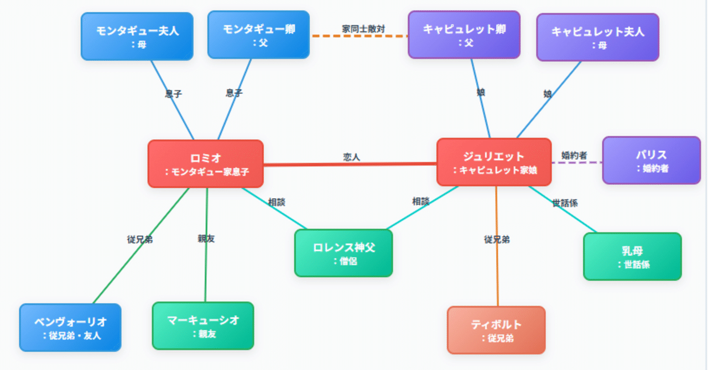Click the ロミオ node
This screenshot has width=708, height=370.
[206, 163]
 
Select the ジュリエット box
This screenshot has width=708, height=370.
[494, 162]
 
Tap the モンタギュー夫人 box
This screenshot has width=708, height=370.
[137, 36]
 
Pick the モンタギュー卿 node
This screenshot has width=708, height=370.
[258, 34]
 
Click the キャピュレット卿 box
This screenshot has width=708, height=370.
[464, 34]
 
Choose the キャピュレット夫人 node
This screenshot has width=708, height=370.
[597, 37]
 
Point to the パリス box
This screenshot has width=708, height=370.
[651, 160]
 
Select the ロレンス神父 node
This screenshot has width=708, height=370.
[343, 253]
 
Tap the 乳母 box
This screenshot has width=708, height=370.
[632, 256]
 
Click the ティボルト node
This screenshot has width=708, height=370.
[496, 330]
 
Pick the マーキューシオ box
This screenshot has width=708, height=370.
[203, 325]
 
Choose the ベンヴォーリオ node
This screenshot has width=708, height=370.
[70, 327]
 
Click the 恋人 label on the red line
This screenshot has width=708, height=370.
[351, 157]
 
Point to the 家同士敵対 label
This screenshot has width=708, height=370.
[363, 29]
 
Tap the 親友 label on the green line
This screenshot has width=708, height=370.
[206, 239]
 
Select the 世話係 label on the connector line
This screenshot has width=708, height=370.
[565, 203]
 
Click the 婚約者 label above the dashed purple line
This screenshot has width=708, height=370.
[574, 156]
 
